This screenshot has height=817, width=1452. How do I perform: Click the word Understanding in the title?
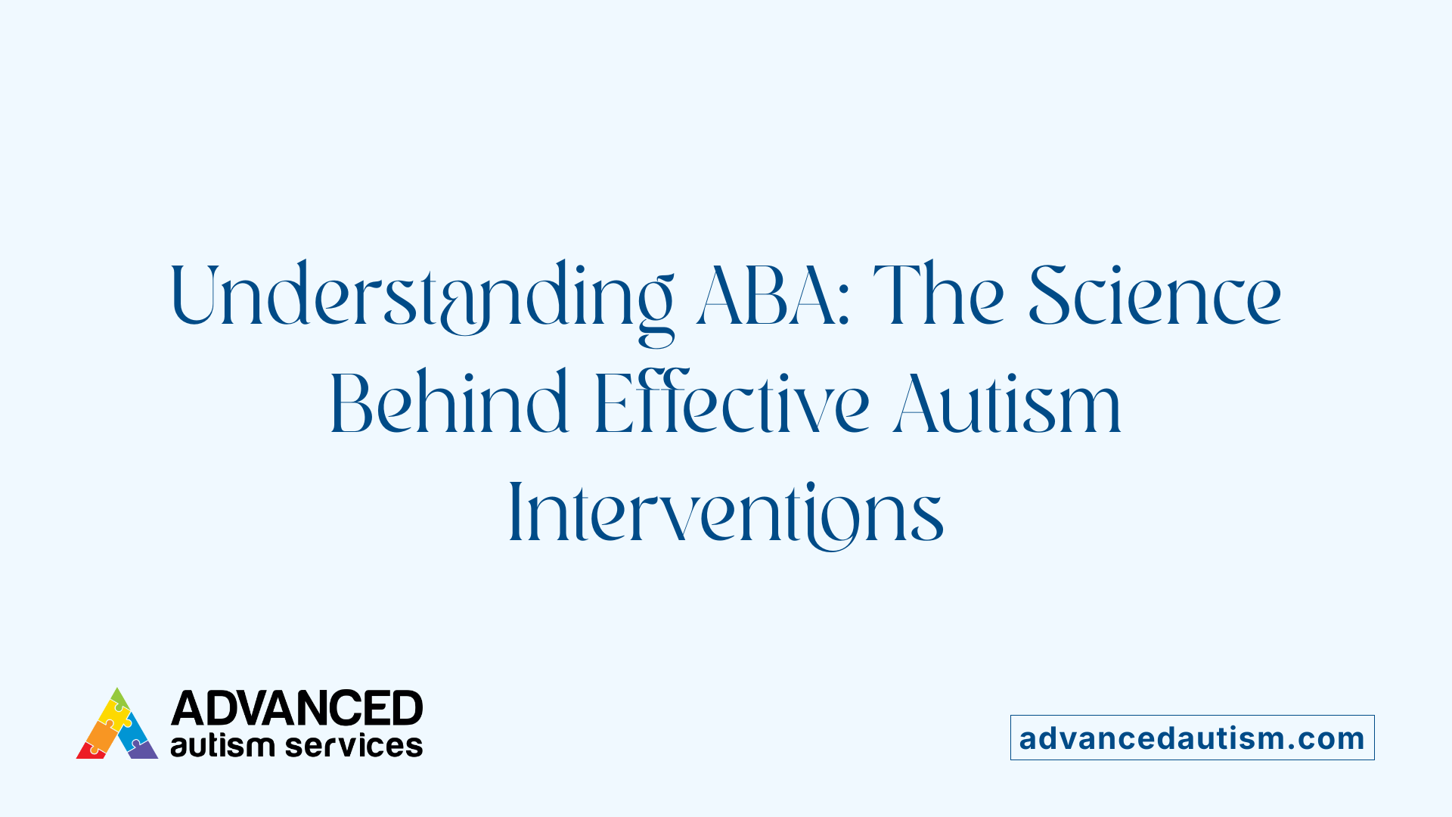tap(421, 297)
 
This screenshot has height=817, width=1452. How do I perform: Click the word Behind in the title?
tap(448, 405)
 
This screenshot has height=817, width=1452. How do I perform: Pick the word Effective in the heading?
tap(731, 405)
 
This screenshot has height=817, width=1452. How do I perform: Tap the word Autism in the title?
tap(1007, 405)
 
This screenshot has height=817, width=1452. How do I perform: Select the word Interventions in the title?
tap(726, 514)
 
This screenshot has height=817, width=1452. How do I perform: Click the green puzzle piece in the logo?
tap(119, 699)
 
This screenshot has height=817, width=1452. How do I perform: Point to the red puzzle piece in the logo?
tap(91, 750)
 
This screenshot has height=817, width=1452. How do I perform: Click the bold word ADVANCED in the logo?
tap(296, 709)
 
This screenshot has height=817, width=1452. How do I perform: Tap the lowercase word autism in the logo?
tap(222, 745)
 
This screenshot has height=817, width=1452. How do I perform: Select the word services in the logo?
tap(354, 745)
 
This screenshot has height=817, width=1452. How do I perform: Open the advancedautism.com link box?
tap(1192, 738)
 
